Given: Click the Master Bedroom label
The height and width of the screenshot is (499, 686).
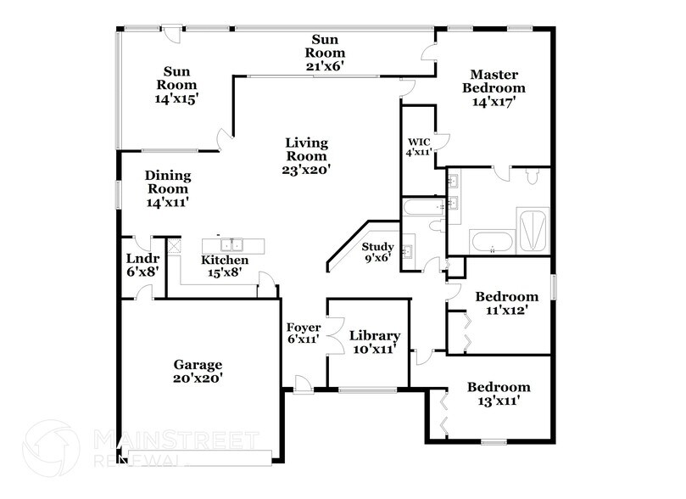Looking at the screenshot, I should (x=493, y=87).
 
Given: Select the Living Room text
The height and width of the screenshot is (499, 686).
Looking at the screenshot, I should (x=306, y=155).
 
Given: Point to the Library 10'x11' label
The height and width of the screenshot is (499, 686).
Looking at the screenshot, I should (x=374, y=342).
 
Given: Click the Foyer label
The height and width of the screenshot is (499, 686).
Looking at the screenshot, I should (x=303, y=333).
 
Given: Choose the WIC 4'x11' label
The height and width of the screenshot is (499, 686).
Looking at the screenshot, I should (x=420, y=146).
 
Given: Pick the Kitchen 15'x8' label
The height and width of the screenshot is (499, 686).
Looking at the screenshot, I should (x=225, y=266).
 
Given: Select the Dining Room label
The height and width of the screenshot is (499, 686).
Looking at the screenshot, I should (x=169, y=188).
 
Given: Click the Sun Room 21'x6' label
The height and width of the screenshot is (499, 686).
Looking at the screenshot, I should (x=326, y=51).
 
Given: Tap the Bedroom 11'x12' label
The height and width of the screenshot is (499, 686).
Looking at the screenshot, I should (x=506, y=303).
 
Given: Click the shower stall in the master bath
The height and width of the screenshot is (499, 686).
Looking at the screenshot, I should (x=533, y=228).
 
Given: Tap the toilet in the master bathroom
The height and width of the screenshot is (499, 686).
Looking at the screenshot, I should (x=532, y=176).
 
